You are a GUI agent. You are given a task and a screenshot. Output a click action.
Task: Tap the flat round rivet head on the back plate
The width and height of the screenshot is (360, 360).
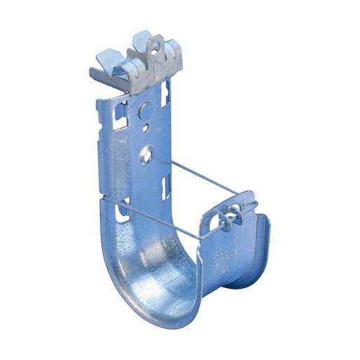point(144,110)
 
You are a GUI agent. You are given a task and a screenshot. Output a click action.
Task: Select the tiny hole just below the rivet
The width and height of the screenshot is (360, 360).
point(145,128)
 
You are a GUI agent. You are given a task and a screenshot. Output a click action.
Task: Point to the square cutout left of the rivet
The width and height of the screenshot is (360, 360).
point(122,110)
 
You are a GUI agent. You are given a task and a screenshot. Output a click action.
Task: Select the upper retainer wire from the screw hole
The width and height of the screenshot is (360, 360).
point(203,177)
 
